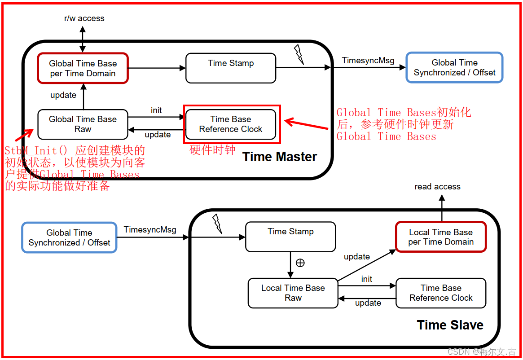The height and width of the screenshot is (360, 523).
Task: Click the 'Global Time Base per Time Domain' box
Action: pos(83,68)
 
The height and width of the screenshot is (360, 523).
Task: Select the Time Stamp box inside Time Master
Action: pos(231,68)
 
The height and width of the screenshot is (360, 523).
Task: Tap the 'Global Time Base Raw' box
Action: pos(83,124)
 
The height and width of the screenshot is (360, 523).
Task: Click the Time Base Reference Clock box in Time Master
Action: pos(231,124)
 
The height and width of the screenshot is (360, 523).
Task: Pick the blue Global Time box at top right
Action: pos(454,68)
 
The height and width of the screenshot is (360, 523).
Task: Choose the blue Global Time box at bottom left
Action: pos(69,237)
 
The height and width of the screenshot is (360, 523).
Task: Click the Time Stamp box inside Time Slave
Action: pos(290,237)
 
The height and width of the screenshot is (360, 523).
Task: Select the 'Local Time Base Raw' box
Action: pos(293,293)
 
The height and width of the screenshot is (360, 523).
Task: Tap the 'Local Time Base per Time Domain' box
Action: pos(441,237)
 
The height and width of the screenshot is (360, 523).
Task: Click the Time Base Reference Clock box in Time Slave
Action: pos(441,293)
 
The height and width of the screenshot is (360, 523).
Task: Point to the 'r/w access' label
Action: pos(84,18)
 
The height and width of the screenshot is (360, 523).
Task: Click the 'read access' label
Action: pos(437,187)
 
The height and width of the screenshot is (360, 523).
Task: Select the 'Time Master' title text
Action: pos(279,157)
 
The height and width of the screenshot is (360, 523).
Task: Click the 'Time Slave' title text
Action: pos(450,325)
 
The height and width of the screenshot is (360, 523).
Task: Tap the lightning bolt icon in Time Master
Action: pos(299,54)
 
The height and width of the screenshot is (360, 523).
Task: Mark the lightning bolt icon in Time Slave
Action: pos(217,223)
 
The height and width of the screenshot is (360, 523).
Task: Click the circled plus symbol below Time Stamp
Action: pos(300,263)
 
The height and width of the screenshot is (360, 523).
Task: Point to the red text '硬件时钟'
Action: pos(212,150)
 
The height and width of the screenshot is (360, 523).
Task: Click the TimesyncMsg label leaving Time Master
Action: pos(368,61)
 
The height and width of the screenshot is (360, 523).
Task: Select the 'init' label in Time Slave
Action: pos(367,279)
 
